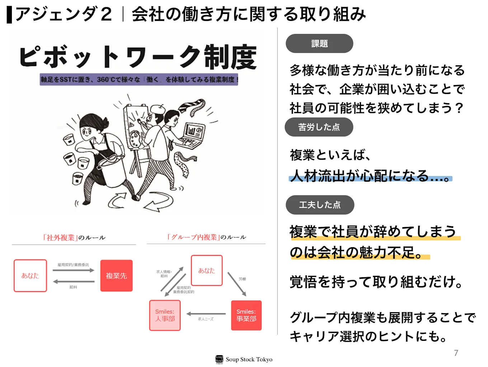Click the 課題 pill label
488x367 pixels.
319,43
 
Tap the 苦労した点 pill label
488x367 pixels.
319,127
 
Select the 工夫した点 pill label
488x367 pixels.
320,204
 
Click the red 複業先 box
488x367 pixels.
116,276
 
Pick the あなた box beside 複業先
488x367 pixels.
30,276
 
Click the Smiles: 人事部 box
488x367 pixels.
165,315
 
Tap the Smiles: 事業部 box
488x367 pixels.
246,315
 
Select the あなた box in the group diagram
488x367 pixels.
207,270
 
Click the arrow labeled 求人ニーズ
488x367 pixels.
206,314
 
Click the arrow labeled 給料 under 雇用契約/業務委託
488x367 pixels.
74,282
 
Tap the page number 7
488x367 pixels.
456,353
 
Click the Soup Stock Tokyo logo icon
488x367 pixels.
219,359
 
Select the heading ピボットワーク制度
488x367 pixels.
138,57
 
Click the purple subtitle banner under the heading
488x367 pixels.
139,79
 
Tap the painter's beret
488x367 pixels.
157,108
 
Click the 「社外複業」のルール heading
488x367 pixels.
74,237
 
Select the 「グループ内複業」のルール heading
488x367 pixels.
206,237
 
